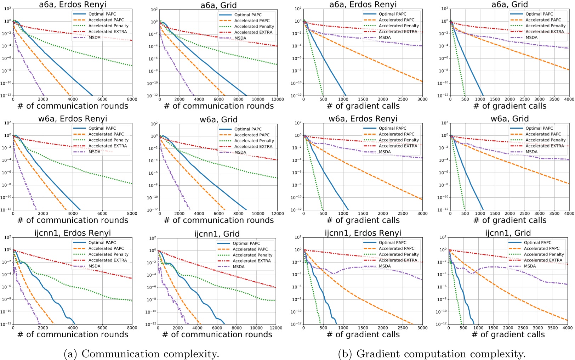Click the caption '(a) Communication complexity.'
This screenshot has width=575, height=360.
(141, 354)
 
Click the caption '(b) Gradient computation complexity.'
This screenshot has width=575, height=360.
(432, 354)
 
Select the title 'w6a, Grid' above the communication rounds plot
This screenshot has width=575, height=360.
(218, 119)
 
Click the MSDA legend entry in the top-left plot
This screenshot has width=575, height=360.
(94, 38)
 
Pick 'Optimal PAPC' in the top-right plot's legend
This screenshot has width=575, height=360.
(539, 14)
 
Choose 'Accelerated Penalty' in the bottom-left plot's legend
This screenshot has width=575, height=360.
(108, 254)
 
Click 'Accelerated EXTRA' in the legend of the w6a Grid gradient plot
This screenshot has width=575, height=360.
(545, 146)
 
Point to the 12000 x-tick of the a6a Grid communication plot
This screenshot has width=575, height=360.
(278, 100)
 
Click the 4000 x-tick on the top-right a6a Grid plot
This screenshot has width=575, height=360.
(569, 100)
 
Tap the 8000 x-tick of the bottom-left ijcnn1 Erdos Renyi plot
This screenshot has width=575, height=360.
(132, 328)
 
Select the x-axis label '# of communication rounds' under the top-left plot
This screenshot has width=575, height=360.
(73, 106)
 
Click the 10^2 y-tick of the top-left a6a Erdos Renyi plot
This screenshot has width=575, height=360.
(7, 9)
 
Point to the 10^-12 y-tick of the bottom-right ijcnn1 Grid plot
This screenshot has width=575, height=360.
(441, 324)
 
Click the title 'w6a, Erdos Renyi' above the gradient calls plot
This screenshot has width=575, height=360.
(363, 119)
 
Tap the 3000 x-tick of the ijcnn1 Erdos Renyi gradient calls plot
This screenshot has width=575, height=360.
(422, 328)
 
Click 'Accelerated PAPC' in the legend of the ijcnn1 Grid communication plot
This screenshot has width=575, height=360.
(250, 249)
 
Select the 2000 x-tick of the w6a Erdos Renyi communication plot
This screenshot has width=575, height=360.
(43, 214)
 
